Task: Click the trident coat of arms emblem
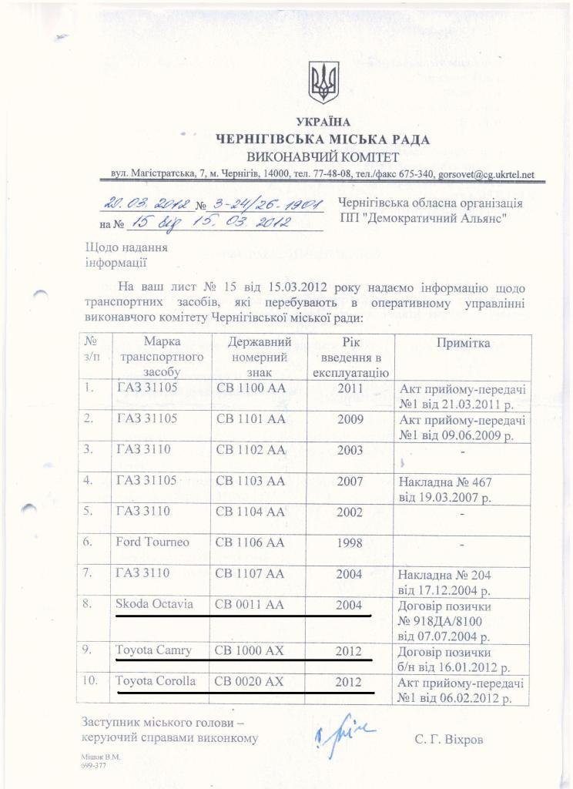[x=323, y=83]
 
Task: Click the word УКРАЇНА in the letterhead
[x=323, y=122]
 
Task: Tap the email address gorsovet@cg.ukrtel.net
[x=485, y=175]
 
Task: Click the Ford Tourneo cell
[x=152, y=542]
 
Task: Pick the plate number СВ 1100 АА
[x=251, y=388]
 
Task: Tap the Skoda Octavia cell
[x=154, y=605]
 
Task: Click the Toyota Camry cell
[x=152, y=651]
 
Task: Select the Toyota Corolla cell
[x=156, y=682]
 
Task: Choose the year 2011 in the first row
[x=350, y=388]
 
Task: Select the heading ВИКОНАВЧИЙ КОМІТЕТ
[x=323, y=157]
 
